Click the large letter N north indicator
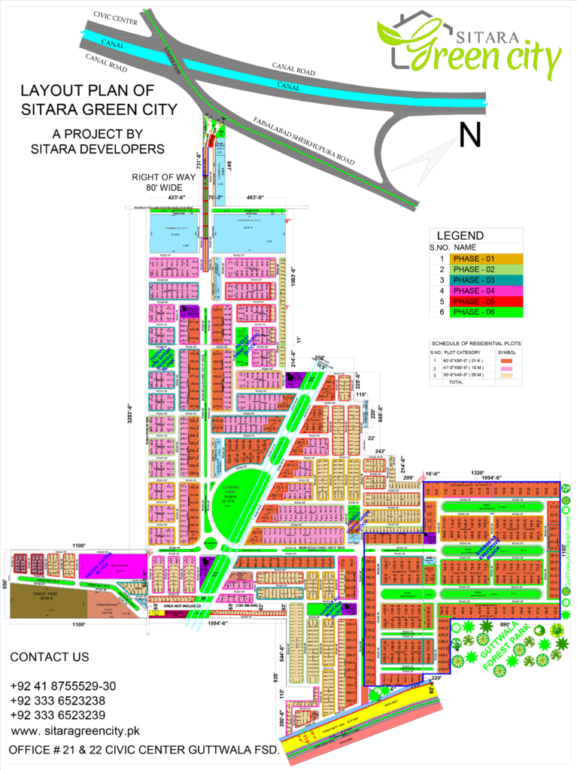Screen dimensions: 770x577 (x=469, y=135)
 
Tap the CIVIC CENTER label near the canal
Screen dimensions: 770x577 (x=115, y=18)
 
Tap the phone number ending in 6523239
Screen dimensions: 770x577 (x=57, y=715)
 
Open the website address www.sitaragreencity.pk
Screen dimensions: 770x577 (x=75, y=730)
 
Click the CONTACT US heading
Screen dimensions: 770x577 (x=50, y=657)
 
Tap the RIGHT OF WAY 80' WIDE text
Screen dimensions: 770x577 (x=163, y=182)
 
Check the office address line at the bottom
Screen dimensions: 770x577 (x=144, y=750)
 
